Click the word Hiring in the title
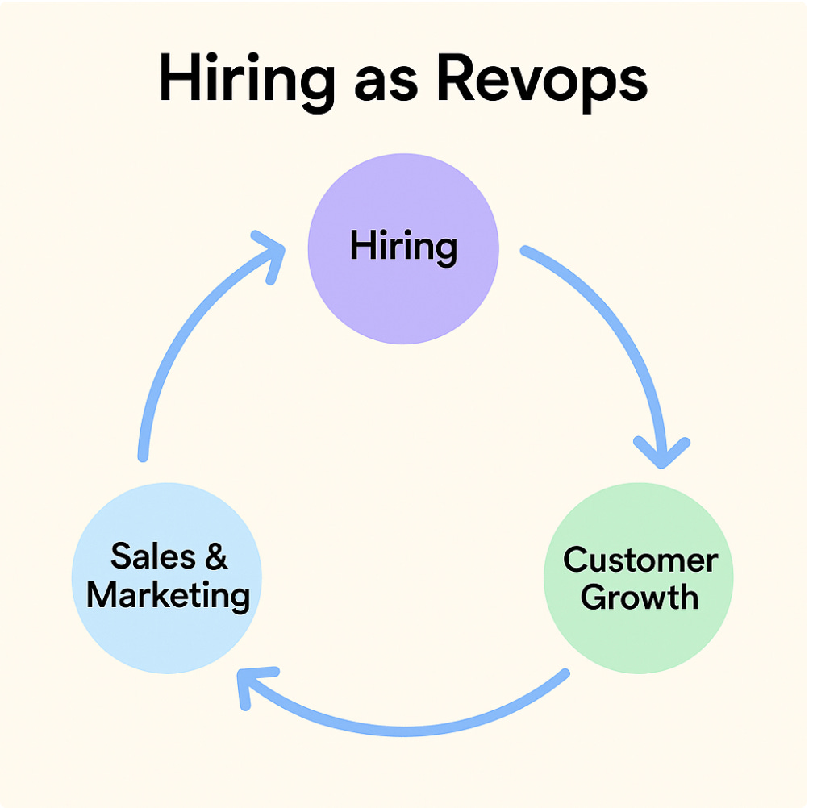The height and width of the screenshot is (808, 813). (246, 81)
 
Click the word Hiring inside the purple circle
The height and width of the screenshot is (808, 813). (403, 246)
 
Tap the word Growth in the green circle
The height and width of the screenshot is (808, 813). (640, 598)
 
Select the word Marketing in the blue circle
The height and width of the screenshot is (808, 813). (168, 595)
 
